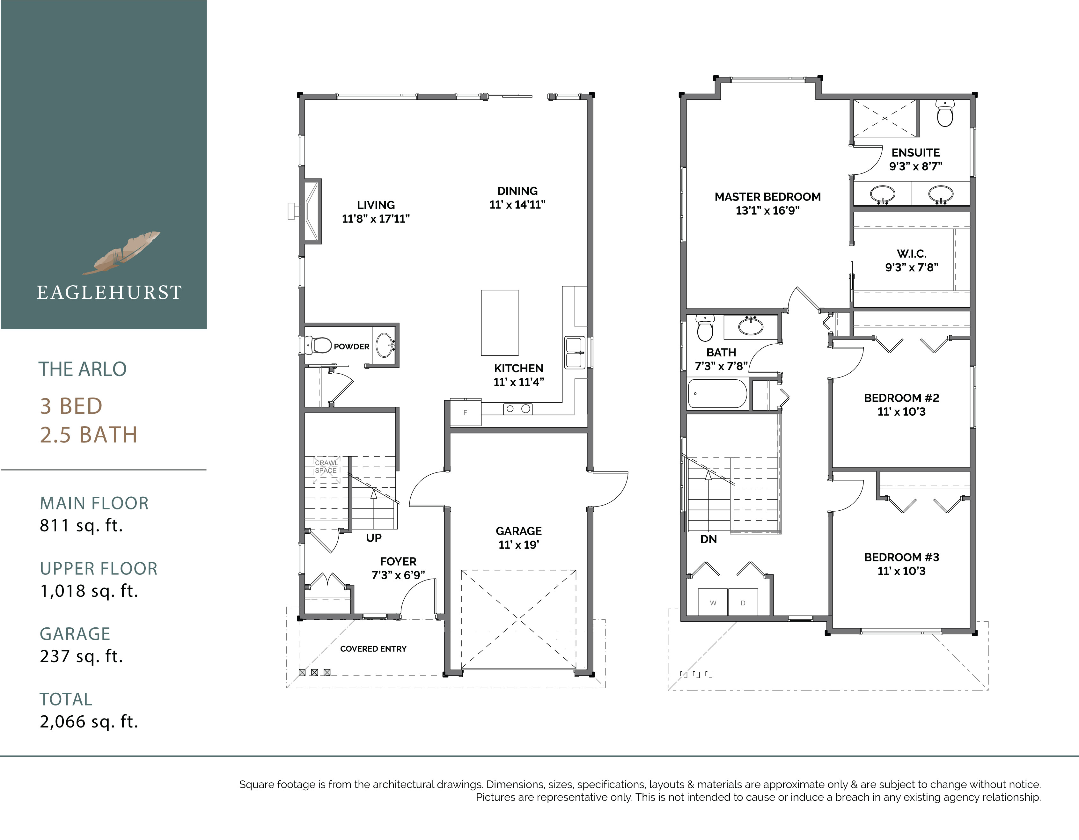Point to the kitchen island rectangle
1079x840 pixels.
499,323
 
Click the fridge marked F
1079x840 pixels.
465,412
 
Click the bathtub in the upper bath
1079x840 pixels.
717,394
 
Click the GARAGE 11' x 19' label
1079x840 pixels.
518,538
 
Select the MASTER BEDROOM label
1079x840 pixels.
767,203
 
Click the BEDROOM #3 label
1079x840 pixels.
901,564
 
